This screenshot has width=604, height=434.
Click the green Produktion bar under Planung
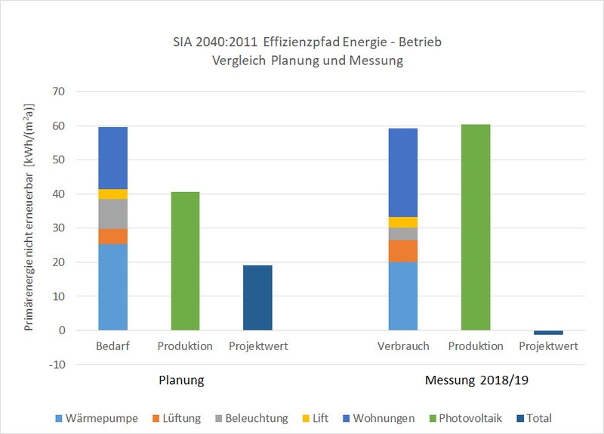point(186,261)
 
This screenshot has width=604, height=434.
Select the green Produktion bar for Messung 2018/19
point(476,227)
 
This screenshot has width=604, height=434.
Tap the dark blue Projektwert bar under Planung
point(258,298)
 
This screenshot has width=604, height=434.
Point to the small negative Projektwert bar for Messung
point(548,333)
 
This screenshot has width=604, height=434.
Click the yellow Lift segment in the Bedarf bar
point(113,194)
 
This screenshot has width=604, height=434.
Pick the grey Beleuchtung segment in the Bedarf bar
point(113,214)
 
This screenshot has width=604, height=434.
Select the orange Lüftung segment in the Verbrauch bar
point(403,251)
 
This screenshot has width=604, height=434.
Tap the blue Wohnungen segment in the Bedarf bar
point(113,158)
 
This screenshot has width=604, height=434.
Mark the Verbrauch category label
point(403,346)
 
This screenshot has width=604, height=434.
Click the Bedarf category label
point(113,346)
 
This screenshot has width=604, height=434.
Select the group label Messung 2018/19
point(476,379)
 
